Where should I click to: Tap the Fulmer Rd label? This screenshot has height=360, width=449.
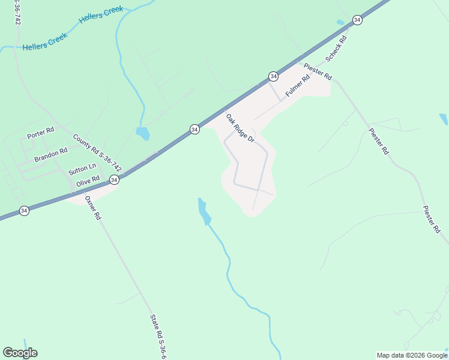(297, 86)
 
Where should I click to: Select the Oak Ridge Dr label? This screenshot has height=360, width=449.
(240, 128)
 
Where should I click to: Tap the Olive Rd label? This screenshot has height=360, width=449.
(88, 179)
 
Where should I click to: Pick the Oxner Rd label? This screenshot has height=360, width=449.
(92, 208)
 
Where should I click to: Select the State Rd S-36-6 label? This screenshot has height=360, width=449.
(157, 337)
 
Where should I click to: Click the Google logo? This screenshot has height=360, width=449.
(20, 353)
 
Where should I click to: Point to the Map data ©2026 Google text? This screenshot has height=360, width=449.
(412, 355)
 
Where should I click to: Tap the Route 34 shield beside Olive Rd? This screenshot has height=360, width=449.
(114, 179)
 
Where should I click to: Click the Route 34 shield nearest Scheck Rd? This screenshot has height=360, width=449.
(357, 20)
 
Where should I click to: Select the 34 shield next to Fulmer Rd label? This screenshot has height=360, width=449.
(273, 76)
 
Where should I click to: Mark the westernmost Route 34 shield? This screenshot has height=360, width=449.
(24, 211)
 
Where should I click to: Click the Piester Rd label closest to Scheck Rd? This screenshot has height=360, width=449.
(318, 71)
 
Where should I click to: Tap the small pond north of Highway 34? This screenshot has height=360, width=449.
(143, 133)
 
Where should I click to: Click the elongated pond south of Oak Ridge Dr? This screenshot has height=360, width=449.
(204, 212)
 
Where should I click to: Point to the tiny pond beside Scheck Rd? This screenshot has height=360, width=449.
(341, 23)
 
